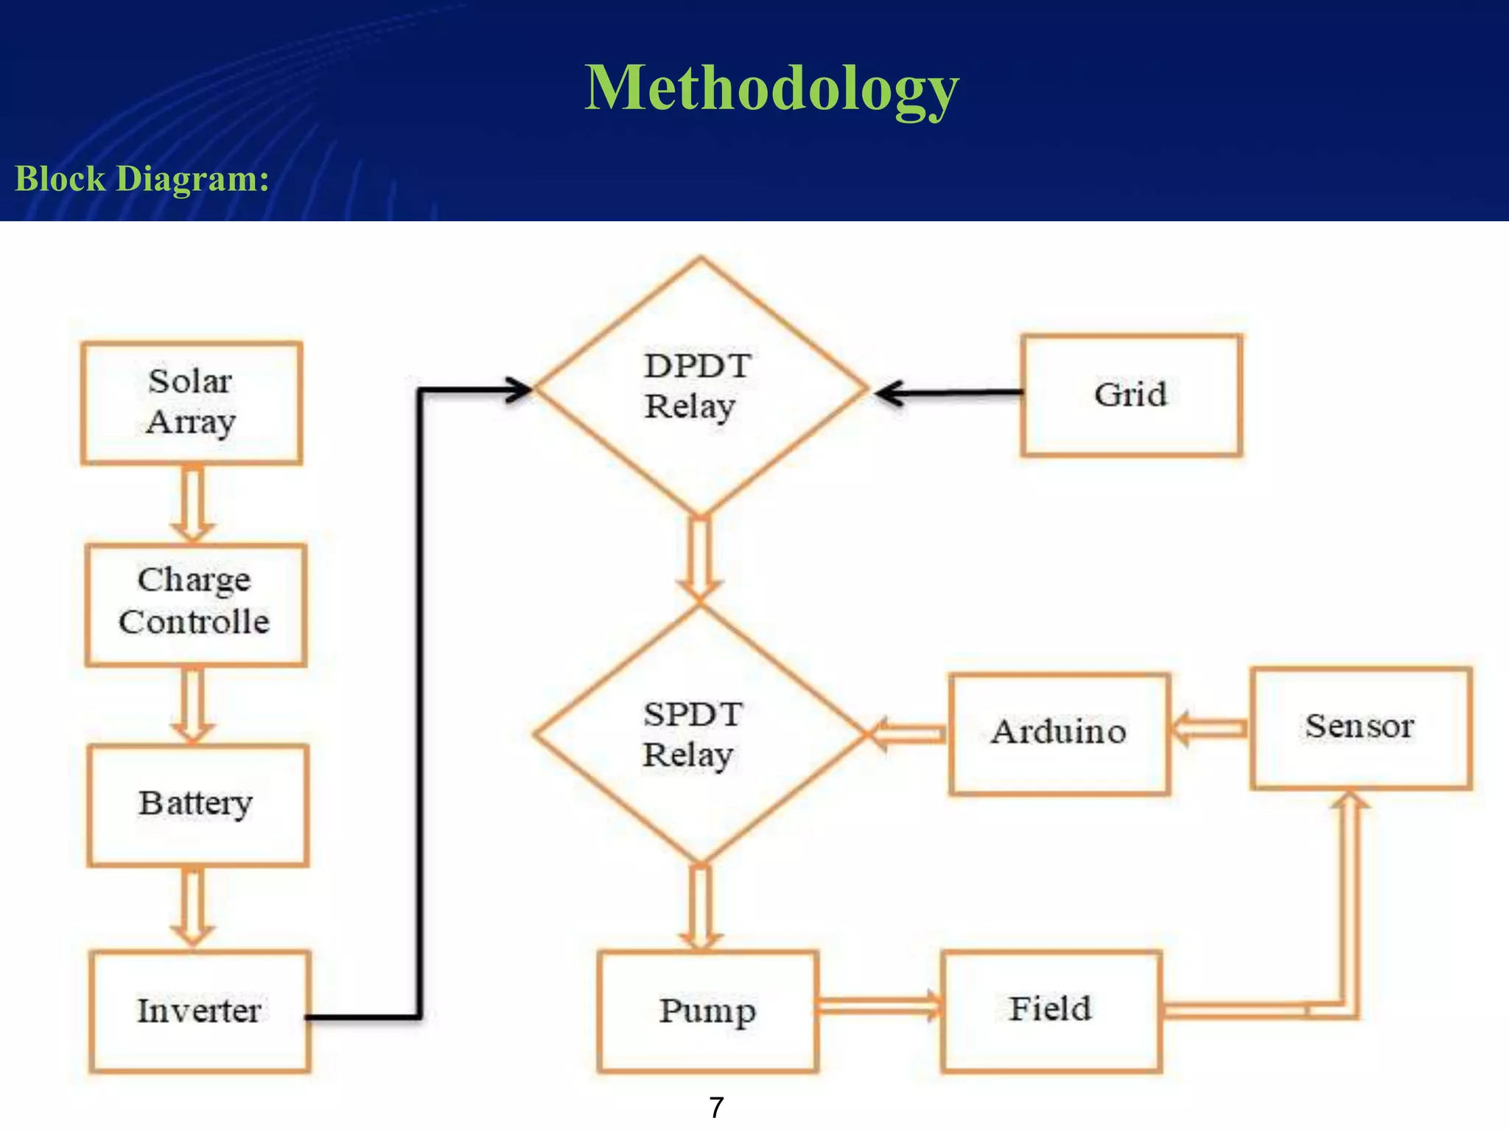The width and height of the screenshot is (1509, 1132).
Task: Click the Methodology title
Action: click(x=771, y=88)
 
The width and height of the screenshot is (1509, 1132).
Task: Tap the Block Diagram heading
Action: click(x=142, y=179)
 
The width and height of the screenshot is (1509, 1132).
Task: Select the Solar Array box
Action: click(x=192, y=403)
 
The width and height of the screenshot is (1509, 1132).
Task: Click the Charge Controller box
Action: click(x=195, y=605)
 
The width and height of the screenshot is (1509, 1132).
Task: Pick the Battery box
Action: click(x=197, y=805)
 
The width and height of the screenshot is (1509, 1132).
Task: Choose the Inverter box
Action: click(x=200, y=1011)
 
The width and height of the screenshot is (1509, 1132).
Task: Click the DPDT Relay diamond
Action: click(x=700, y=387)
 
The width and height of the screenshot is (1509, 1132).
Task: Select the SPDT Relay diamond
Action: click(x=699, y=734)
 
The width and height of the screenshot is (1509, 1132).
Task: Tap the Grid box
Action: click(x=1131, y=395)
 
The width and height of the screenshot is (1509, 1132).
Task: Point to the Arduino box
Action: click(x=1059, y=733)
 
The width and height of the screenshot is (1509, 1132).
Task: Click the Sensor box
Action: click(x=1360, y=727)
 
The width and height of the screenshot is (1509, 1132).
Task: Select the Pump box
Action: click(x=707, y=1011)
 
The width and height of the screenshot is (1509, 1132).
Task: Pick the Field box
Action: click(x=1051, y=1010)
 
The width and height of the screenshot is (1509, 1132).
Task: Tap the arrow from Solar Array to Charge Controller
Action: click(x=192, y=504)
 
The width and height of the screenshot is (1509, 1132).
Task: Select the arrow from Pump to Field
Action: click(x=879, y=1006)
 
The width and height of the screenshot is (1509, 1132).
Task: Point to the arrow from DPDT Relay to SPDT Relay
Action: click(x=699, y=559)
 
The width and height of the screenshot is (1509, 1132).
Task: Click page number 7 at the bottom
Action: click(x=716, y=1108)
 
